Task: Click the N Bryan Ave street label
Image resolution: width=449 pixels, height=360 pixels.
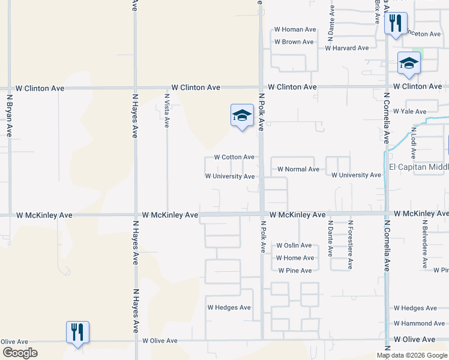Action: pos(10,115)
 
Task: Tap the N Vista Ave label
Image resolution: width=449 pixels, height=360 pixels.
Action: pos(167,111)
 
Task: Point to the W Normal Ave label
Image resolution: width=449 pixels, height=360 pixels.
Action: pos(298,169)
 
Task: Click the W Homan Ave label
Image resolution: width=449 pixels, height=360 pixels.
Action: pos(295,29)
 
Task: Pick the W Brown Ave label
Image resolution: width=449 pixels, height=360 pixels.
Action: pos(294,42)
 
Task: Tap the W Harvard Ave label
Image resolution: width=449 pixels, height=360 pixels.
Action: pos(347,48)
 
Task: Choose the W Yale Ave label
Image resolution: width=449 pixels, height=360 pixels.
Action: pos(411,112)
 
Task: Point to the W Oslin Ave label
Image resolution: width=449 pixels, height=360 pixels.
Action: pos(294,245)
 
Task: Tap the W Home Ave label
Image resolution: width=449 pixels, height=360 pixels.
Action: pos(295,258)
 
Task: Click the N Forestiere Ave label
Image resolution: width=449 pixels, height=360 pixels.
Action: pos(350,245)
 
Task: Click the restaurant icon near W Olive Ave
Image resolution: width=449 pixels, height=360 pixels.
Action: pos(77,332)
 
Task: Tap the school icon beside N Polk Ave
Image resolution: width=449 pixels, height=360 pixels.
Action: pos(242,115)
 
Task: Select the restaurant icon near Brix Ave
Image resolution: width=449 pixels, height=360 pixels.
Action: pos(396,24)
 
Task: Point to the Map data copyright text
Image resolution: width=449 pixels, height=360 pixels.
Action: pos(412,355)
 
